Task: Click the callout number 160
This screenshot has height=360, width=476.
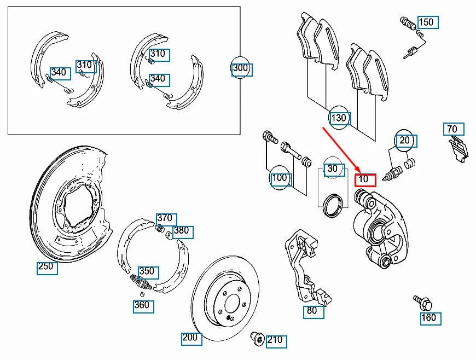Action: click(x=430, y=318)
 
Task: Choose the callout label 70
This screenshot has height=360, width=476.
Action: click(x=454, y=130)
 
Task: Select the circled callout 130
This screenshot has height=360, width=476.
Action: click(x=339, y=118)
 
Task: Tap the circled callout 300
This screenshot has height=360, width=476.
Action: click(x=241, y=68)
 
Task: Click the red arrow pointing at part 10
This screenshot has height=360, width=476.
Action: click(x=339, y=148)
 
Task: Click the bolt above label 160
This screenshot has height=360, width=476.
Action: click(x=422, y=300)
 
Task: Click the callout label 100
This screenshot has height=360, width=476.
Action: click(x=281, y=178)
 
